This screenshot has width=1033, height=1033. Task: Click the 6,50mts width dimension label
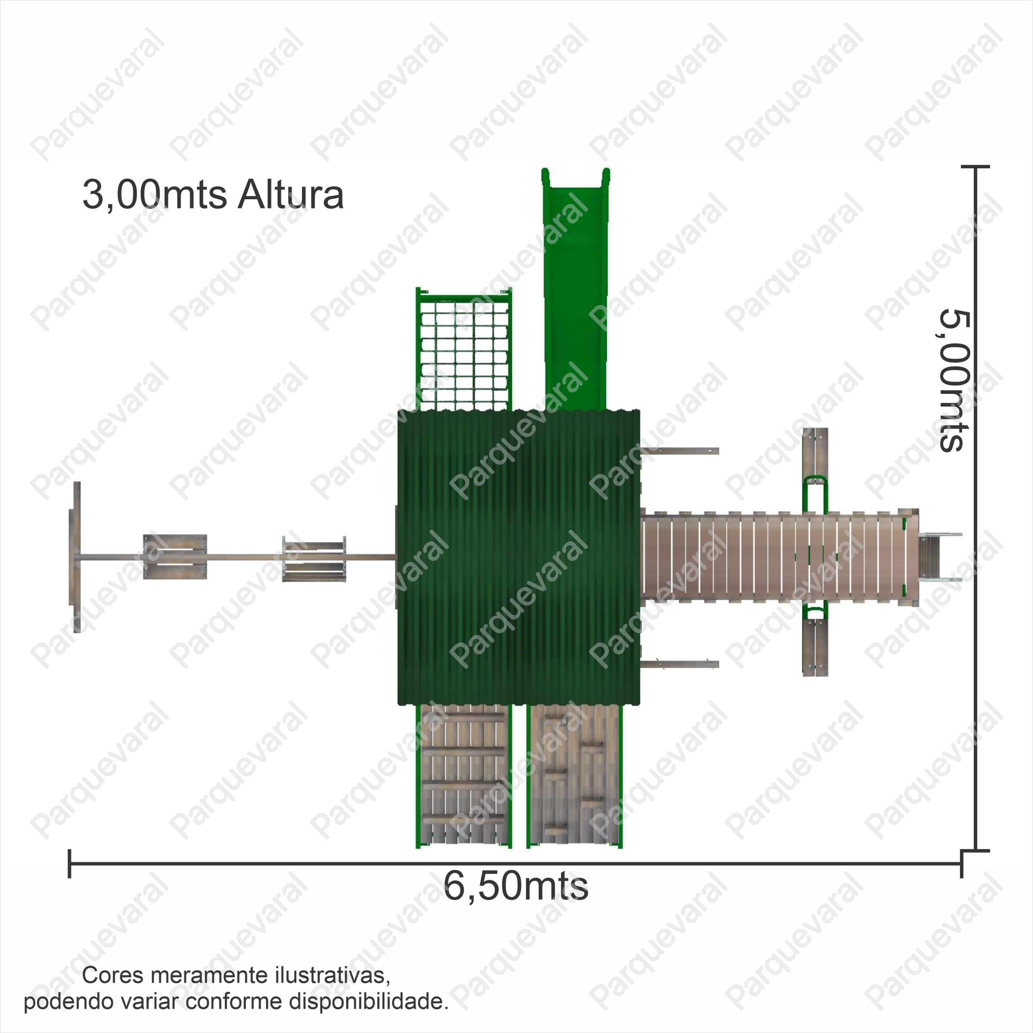pos(516,887)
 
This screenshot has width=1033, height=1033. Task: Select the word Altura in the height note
pos(290,195)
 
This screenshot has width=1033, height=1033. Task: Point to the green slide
pos(576,289)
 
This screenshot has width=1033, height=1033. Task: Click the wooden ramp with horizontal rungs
pos(464,775)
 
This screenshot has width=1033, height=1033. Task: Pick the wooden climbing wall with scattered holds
pos(575,775)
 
